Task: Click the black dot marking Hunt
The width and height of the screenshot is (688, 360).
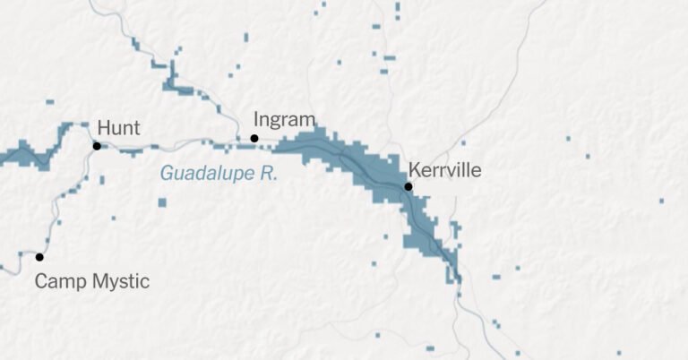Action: tap(97, 146)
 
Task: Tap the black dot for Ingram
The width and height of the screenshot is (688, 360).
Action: tap(254, 138)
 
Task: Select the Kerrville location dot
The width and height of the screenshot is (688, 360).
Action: tap(408, 186)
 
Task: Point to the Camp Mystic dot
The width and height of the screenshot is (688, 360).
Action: tap(39, 257)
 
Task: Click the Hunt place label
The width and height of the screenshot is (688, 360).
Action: tap(117, 127)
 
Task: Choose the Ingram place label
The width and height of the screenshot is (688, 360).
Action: tap(285, 120)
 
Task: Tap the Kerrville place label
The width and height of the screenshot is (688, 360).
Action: tap(444, 169)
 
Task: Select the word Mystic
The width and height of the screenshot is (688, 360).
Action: tap(118, 283)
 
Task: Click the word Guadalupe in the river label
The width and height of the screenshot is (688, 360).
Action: tap(207, 174)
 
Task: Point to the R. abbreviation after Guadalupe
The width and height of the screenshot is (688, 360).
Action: tap(269, 174)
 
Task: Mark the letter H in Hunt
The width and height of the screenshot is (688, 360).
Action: tap(102, 127)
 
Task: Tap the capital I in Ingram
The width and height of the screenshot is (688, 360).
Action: tap(257, 119)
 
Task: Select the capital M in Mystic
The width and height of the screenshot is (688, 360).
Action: tap(96, 282)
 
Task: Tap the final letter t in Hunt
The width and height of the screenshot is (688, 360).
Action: tap(136, 127)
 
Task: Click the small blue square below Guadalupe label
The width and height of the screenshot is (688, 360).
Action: tap(162, 202)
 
